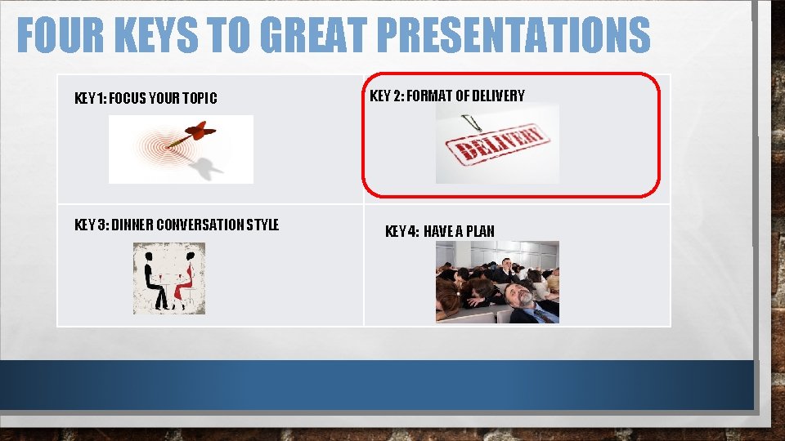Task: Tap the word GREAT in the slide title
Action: [314, 36]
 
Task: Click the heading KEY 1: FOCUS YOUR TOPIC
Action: [146, 99]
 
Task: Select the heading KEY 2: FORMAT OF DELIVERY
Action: [447, 96]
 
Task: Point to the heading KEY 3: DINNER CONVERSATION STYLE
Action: [177, 225]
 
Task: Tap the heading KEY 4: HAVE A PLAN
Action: [439, 231]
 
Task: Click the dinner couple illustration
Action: [169, 278]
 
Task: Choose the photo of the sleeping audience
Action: [497, 281]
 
